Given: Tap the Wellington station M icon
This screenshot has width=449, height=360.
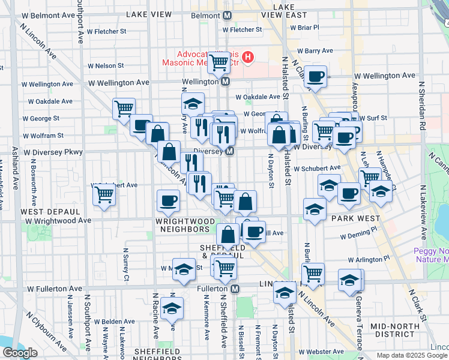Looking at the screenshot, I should click(x=225, y=82).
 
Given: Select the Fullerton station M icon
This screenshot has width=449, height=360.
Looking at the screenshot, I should click(x=235, y=289).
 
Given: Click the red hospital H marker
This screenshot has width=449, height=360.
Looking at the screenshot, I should click(x=247, y=58).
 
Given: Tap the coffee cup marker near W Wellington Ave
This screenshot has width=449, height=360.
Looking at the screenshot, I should click(x=315, y=76).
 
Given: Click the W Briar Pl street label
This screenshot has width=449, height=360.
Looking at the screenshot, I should click(x=304, y=27).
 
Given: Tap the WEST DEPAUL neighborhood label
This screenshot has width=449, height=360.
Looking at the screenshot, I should click(x=50, y=212).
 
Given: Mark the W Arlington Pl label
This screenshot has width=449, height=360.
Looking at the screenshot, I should click(x=369, y=260).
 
